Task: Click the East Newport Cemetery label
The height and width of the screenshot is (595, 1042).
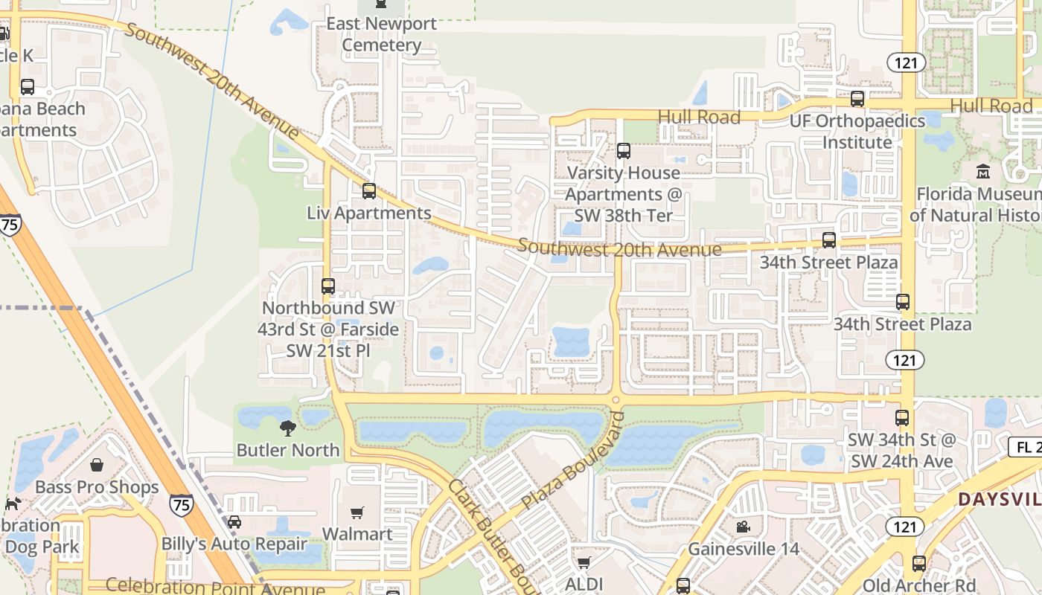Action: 381,34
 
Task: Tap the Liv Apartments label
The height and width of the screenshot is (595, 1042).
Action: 368,213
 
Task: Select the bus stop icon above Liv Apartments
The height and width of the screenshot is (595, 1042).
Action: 368,191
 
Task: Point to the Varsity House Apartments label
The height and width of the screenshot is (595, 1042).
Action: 623,194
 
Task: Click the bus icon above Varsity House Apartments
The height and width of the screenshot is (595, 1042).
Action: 624,151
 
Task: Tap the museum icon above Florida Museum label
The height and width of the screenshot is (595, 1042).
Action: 983,171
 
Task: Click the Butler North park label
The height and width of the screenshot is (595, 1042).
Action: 288,450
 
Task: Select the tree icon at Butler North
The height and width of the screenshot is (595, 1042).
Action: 288,428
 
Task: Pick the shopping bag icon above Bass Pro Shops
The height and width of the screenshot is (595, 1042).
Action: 97,466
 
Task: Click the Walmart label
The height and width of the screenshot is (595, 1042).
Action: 357,534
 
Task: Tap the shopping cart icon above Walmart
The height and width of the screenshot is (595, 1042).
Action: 357,512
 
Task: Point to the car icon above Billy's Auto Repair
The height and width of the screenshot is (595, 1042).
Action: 234,522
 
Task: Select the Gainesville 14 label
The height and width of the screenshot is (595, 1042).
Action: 743,549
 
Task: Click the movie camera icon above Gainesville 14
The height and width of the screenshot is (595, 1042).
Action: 743,527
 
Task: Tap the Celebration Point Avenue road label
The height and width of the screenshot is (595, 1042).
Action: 215,587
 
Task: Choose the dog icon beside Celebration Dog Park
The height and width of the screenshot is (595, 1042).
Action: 13,504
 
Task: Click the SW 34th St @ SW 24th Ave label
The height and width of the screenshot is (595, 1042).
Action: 901,451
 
